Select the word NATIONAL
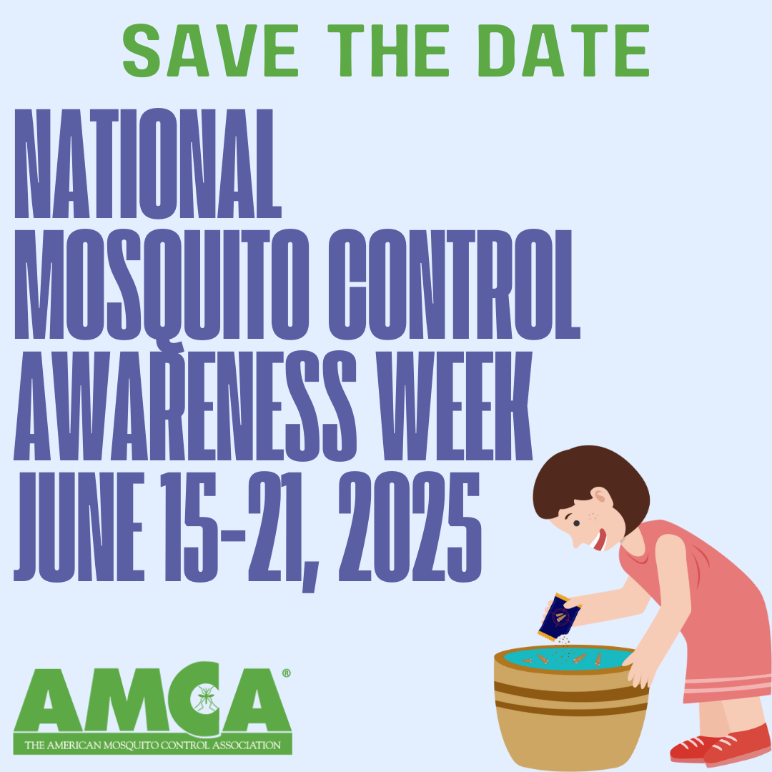pos(147,164)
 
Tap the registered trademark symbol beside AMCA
pos(287,673)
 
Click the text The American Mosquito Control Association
pos(152,746)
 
